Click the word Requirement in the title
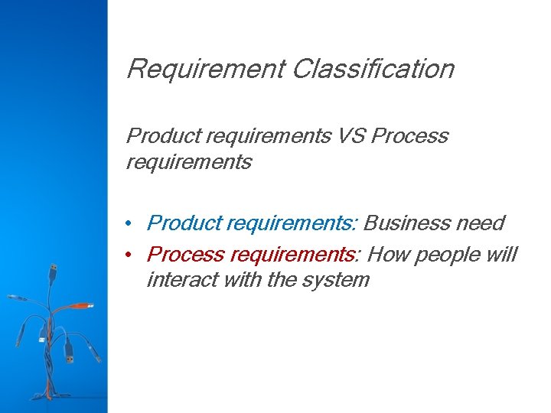204,69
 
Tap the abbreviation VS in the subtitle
357,136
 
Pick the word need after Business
479,223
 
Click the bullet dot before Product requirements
132,223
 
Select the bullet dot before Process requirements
132,254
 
